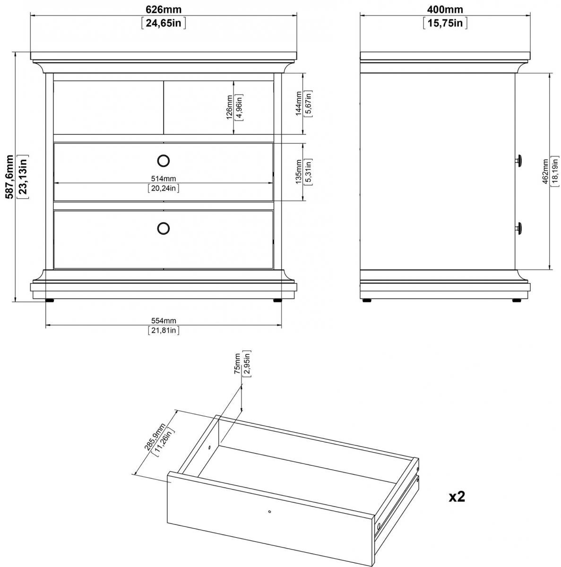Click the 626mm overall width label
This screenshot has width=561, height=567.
(x=164, y=9)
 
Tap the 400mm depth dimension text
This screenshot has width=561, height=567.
(x=445, y=9)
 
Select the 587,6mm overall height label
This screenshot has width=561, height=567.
(x=10, y=177)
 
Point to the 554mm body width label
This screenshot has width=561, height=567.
(x=164, y=321)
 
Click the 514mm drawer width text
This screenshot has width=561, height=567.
(x=164, y=179)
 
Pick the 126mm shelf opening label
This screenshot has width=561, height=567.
(x=229, y=107)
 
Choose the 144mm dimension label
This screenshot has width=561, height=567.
(x=298, y=103)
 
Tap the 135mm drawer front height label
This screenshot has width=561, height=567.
(x=298, y=172)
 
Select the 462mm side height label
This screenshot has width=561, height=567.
(x=545, y=172)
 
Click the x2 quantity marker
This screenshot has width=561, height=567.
(x=457, y=497)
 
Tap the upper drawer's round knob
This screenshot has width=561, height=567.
(x=164, y=161)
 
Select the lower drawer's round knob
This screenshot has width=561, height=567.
(x=164, y=228)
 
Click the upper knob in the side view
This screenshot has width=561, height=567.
(x=519, y=160)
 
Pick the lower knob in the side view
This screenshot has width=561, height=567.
(x=519, y=228)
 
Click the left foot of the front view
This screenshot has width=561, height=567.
(x=50, y=301)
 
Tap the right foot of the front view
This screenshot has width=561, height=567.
(x=277, y=301)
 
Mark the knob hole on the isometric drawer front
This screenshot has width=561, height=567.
(x=269, y=511)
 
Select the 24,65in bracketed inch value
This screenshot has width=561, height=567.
(x=164, y=23)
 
